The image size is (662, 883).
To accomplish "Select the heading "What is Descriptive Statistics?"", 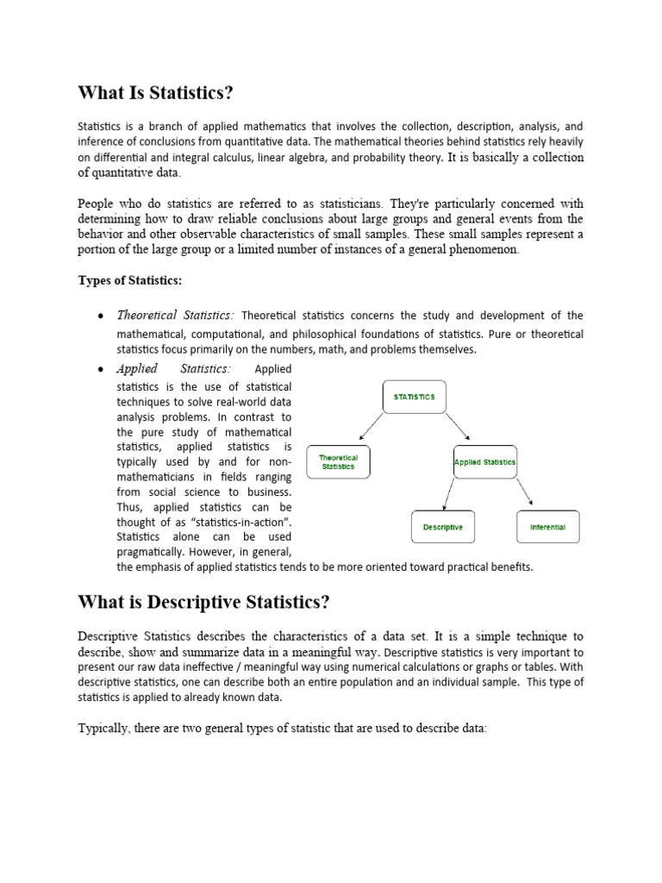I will pyautogui.click(x=203, y=600).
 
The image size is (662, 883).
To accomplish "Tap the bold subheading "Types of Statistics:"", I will pyautogui.click(x=130, y=280).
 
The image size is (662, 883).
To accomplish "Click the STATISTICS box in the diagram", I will pyautogui.click(x=415, y=397).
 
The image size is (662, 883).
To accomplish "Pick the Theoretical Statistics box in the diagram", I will pyautogui.click(x=338, y=462).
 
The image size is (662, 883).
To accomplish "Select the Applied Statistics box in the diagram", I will pyautogui.click(x=484, y=462).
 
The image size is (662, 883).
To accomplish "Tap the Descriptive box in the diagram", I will pyautogui.click(x=443, y=526).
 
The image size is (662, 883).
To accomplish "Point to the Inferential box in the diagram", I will pyautogui.click(x=547, y=526).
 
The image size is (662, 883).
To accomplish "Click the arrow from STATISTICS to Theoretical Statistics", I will pyautogui.click(x=371, y=427).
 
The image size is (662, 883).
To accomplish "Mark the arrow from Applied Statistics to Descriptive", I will pyautogui.click(x=450, y=493).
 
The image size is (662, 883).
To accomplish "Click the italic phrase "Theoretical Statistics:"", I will pyautogui.click(x=175, y=316).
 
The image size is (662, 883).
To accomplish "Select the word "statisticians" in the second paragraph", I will pyautogui.click(x=345, y=204).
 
